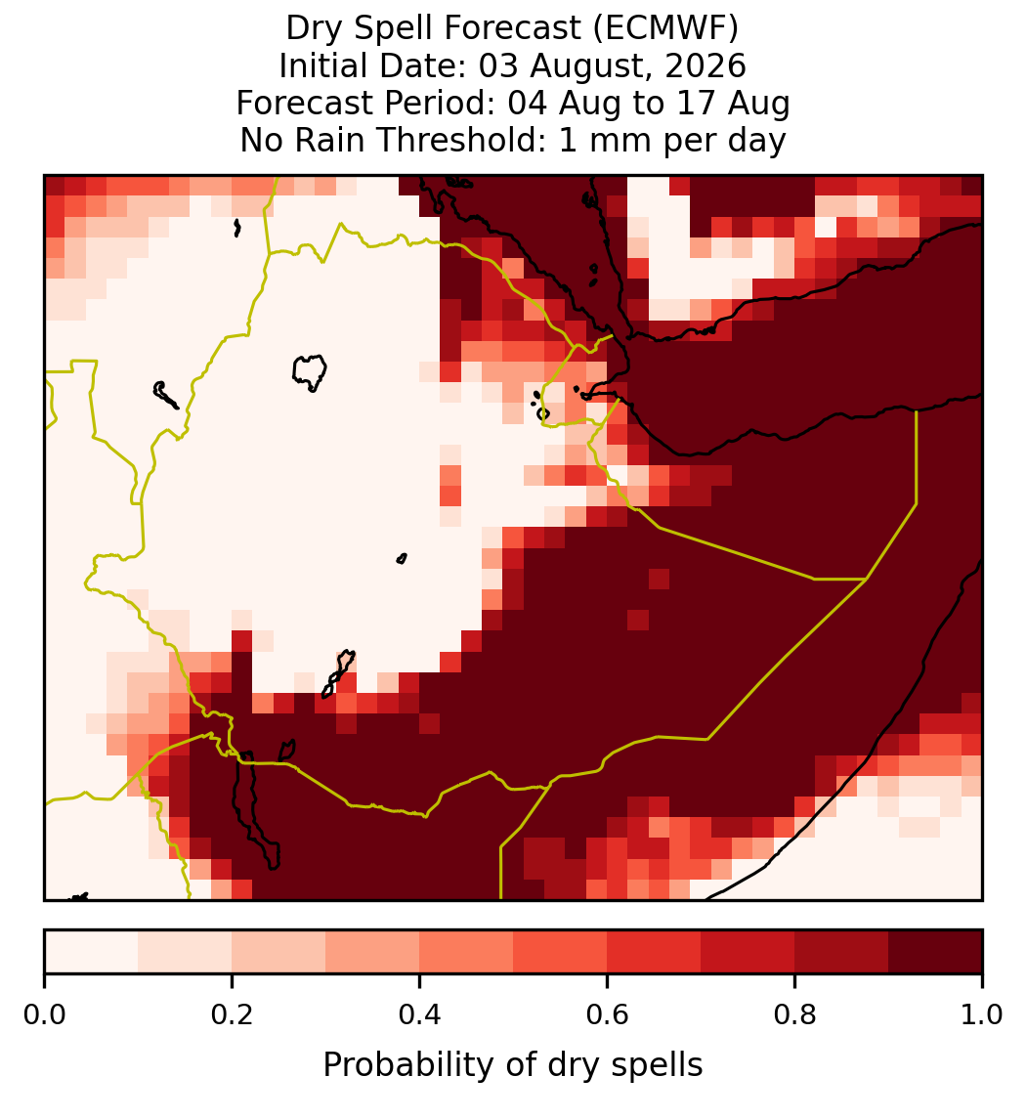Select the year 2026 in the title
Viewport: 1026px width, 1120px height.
705,65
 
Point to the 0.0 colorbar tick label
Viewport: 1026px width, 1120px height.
44,1014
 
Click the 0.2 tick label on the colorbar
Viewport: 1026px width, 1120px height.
232,1014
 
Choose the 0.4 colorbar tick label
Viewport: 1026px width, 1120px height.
420,1014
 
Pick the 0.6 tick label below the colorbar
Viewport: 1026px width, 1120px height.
607,1014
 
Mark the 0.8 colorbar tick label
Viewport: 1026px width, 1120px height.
794,1014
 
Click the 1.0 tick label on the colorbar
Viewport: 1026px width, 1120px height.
982,1014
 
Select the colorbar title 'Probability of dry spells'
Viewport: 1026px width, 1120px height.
513,1065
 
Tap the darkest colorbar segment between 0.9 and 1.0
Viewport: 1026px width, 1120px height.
935,951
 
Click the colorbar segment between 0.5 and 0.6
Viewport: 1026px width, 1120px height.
560,951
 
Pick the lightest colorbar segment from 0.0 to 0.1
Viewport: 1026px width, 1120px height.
92,951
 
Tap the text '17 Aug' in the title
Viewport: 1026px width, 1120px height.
743,103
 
